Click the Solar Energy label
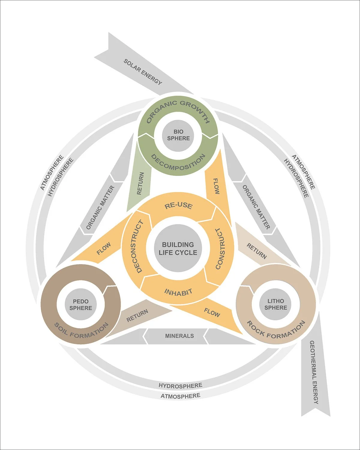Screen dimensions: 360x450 143,72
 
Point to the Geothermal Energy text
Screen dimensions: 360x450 313,372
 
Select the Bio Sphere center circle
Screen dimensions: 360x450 178,135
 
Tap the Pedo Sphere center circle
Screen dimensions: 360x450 81,304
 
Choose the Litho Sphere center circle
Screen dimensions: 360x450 276,304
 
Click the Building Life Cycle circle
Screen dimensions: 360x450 178,248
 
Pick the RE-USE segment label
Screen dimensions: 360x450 178,206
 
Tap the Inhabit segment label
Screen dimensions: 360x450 178,292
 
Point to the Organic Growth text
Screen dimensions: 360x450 178,112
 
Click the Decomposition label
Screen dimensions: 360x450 178,162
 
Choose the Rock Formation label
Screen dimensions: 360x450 276,329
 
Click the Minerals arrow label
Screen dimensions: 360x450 179,336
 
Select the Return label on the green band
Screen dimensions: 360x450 140,184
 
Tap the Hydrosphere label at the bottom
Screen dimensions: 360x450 180,385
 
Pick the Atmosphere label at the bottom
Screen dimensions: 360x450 180,396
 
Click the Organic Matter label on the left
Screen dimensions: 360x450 100,207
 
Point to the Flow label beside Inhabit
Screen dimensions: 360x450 212,312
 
